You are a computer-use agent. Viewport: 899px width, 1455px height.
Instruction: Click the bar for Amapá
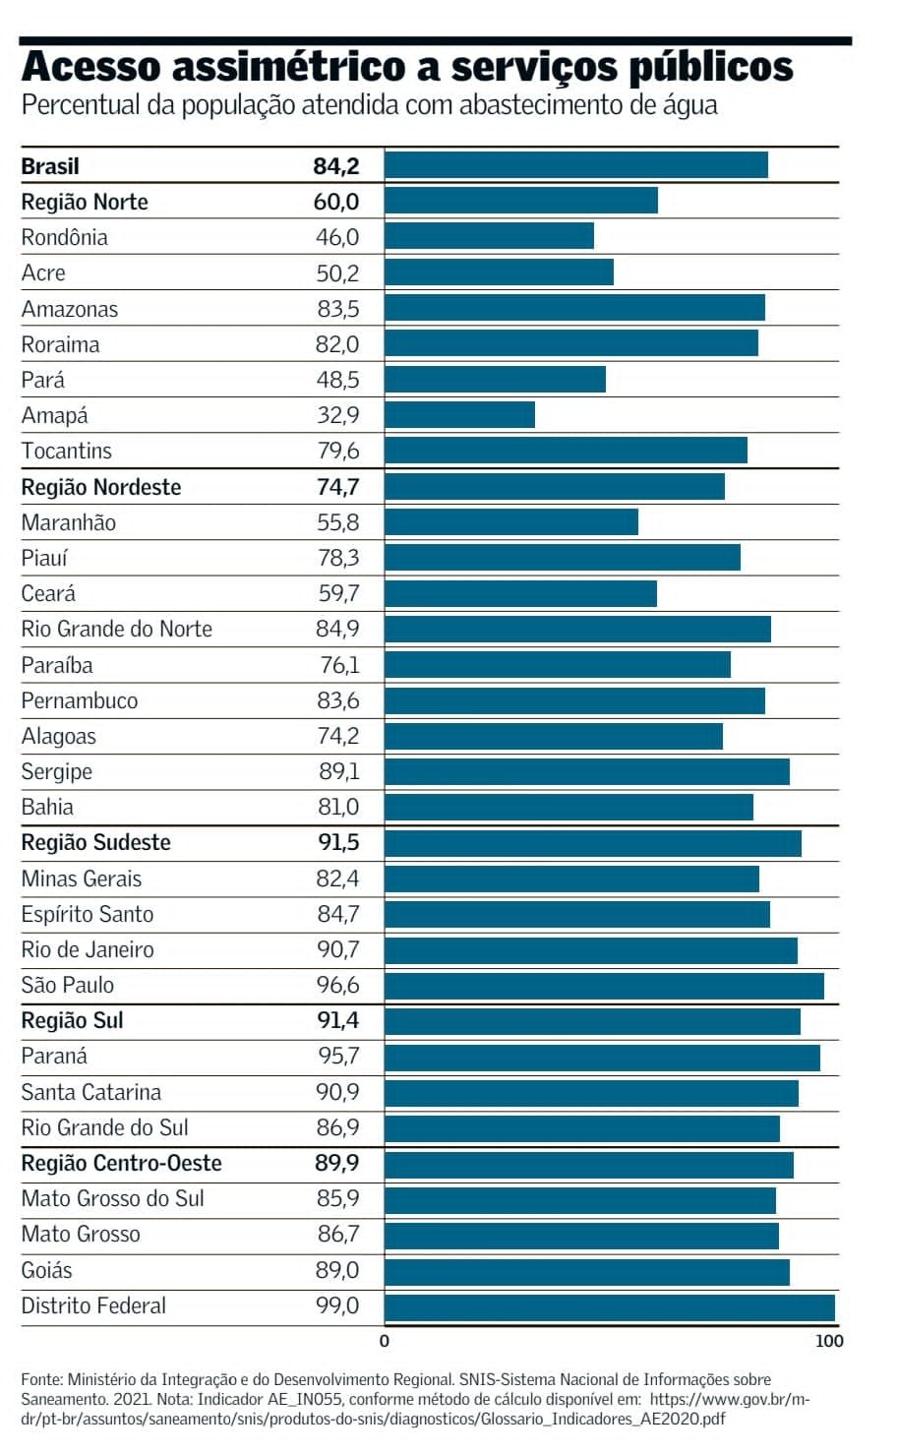click(x=459, y=415)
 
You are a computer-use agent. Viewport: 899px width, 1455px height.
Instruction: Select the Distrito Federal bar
click(x=609, y=1307)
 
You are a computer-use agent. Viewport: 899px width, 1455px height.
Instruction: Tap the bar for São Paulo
click(x=604, y=986)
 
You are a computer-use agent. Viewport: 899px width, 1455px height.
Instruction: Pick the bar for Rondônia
click(x=489, y=236)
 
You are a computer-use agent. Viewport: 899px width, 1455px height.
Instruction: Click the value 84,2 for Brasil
click(x=336, y=166)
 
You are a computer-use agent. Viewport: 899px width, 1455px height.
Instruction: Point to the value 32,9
click(x=338, y=415)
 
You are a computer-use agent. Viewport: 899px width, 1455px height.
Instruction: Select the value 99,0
click(x=337, y=1305)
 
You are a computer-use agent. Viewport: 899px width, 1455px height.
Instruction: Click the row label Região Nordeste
click(x=101, y=487)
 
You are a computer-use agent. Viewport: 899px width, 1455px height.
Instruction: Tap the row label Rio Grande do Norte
click(x=117, y=629)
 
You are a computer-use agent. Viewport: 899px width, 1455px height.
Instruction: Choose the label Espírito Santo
click(x=88, y=914)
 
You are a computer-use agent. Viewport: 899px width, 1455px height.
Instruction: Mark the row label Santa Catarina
click(x=91, y=1092)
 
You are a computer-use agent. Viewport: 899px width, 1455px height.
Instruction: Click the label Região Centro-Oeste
click(x=122, y=1163)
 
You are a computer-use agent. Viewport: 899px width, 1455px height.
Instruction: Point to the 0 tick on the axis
click(x=385, y=1340)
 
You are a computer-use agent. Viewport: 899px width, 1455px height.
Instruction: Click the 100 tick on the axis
click(x=829, y=1340)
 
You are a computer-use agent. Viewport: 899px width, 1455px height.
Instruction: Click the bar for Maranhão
click(x=511, y=522)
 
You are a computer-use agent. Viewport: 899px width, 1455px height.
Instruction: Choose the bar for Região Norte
click(x=521, y=201)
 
